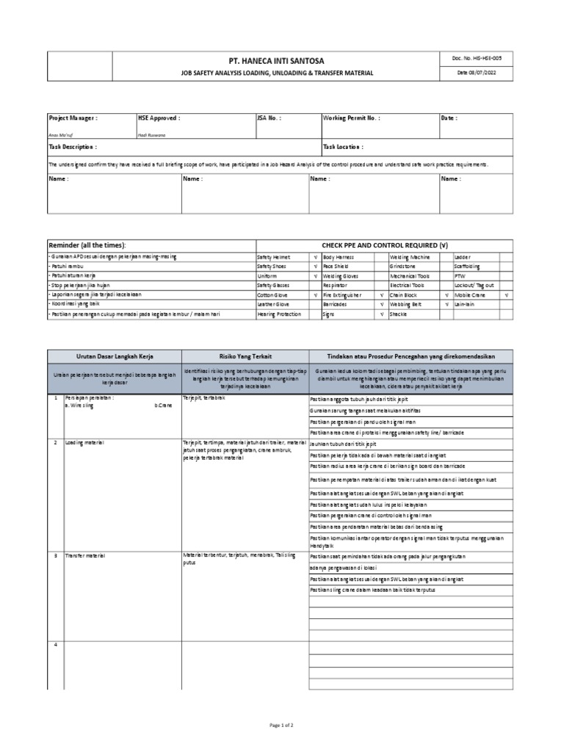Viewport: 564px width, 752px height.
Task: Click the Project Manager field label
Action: pos(73,117)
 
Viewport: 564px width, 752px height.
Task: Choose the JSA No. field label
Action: pos(269,117)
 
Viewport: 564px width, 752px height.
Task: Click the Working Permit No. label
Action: pos(351,117)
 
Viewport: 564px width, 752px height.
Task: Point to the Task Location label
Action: pos(343,147)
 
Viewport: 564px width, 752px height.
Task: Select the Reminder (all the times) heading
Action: pos(87,244)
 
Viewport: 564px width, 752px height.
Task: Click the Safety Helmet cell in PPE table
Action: pos(273,257)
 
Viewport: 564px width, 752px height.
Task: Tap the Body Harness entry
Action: pos(339,257)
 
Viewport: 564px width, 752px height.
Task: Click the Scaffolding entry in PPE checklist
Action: pos(469,267)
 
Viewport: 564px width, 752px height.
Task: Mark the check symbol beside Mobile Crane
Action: pos(506,294)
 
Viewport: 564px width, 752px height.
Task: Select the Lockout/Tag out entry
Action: pos(474,285)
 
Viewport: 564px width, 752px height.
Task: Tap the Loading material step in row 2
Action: pos(84,444)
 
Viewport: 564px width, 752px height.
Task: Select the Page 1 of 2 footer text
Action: pos(282,725)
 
